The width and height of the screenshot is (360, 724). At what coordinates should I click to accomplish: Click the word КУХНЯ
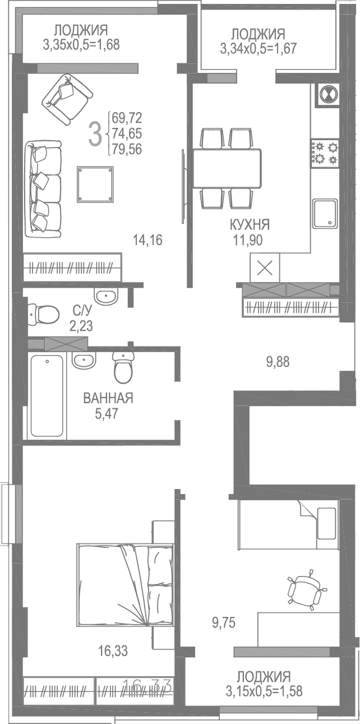click(x=250, y=225)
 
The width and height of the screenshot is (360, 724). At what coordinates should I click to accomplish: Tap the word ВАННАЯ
click(x=108, y=399)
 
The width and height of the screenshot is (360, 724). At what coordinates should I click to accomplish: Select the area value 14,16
click(x=147, y=241)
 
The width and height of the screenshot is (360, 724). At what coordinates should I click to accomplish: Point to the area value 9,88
click(x=279, y=362)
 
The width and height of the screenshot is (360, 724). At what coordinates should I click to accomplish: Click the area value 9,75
click(x=224, y=621)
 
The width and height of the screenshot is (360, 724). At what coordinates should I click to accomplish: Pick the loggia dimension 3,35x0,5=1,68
click(x=81, y=44)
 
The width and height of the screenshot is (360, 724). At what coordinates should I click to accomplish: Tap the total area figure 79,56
click(x=127, y=150)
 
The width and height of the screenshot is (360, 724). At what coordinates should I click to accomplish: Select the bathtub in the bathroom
click(x=47, y=395)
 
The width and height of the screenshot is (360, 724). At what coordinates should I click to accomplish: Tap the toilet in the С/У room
click(x=44, y=314)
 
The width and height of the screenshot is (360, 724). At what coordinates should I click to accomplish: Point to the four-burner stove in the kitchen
click(x=325, y=153)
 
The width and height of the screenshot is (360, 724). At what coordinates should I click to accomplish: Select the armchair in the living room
click(x=67, y=99)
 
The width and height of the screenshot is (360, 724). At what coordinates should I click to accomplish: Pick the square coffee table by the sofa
click(x=95, y=185)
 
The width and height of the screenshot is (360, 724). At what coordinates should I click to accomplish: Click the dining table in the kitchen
click(x=227, y=168)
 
